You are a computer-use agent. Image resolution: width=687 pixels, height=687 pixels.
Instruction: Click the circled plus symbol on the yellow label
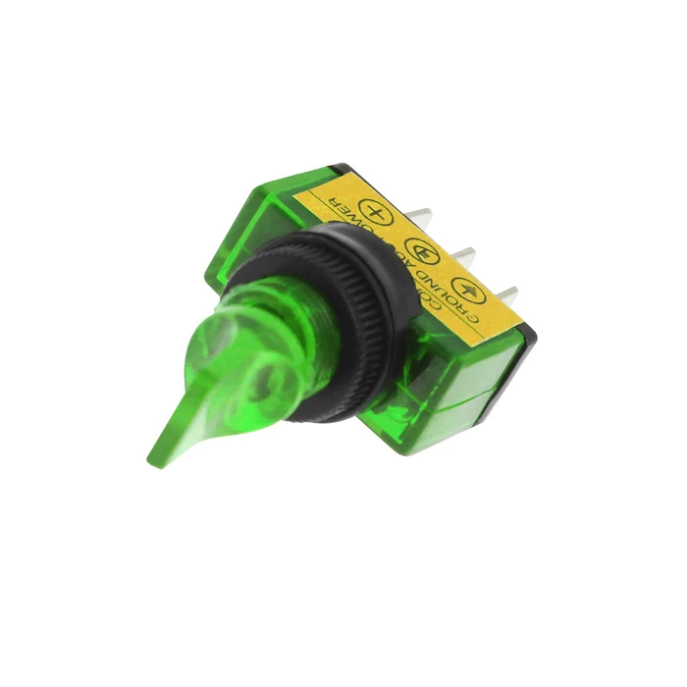click(373, 209)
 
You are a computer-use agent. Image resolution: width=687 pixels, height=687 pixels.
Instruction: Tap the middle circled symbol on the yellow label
click(420, 248)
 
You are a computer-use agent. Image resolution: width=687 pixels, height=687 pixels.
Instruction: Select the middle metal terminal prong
click(463, 257)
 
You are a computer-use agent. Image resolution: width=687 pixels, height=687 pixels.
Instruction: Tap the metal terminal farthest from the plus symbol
click(506, 293)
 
